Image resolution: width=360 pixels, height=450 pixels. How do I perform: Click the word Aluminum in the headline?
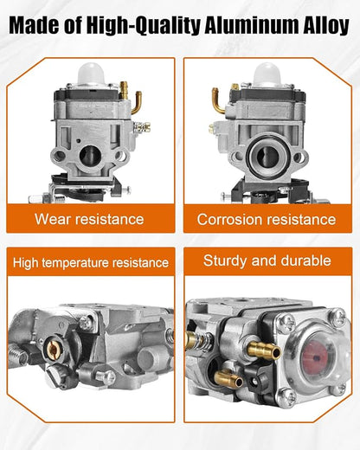tap(250, 26)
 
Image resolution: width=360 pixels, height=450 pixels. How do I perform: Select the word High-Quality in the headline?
tap(143, 27)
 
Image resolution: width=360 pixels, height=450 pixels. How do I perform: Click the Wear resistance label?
tap(89, 219)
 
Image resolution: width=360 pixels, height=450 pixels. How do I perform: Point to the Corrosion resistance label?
tap(267, 219)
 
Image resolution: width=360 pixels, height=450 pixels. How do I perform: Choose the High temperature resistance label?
tap(91, 263)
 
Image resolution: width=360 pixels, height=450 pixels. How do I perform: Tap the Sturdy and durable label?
tap(267, 260)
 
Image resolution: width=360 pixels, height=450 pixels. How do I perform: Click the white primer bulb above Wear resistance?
tap(91, 74)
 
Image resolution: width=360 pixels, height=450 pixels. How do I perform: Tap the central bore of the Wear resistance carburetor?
tap(90, 156)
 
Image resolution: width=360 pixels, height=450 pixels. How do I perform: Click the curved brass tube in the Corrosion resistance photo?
tap(217, 100)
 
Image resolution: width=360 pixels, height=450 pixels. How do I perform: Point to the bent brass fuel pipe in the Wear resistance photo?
tap(137, 101)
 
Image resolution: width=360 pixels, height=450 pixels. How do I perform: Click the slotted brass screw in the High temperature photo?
tap(53, 350)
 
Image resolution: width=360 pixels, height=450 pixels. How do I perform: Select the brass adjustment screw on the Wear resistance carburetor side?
tap(143, 127)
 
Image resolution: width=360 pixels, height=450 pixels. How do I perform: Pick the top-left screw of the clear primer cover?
tap(286, 323)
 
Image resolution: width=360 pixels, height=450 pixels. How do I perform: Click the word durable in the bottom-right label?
tap(305, 260)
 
